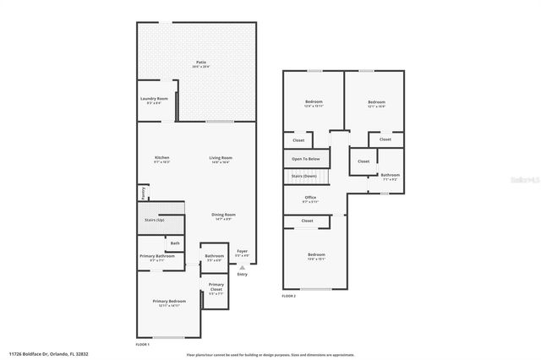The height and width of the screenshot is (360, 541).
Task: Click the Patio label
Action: [201, 62]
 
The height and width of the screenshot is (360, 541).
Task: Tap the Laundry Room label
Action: [154, 99]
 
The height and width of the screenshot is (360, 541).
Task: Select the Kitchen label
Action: [161, 158]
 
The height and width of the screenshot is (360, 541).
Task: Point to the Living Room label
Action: [221, 158]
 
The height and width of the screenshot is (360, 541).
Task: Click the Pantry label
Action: [141, 193]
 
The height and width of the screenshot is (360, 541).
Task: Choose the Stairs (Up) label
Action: [154, 220]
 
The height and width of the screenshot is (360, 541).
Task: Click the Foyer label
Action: [243, 251]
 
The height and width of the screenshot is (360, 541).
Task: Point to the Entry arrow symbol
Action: [243, 266]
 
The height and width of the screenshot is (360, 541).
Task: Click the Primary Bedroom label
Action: [169, 302]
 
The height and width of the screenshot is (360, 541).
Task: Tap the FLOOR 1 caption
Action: [142, 345]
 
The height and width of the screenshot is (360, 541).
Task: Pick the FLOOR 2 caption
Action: [289, 296]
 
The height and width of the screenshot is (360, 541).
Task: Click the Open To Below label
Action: [306, 159]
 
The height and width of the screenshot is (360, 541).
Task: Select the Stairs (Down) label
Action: [304, 176]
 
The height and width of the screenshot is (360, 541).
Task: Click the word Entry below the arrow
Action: [243, 275]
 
